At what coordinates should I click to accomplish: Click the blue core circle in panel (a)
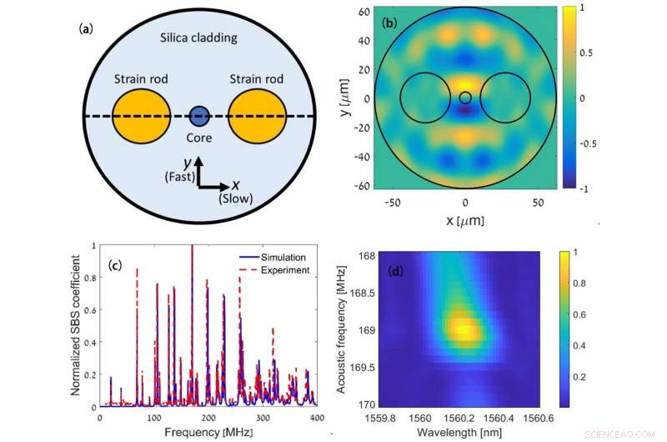point(198,117)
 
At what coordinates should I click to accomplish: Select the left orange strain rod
point(139,116)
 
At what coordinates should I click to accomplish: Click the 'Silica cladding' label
point(198,38)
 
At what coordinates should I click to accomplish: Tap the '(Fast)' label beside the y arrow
point(177,176)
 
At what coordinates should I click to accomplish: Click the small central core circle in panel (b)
point(465,98)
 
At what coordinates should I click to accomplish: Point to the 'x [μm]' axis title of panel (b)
point(465,221)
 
